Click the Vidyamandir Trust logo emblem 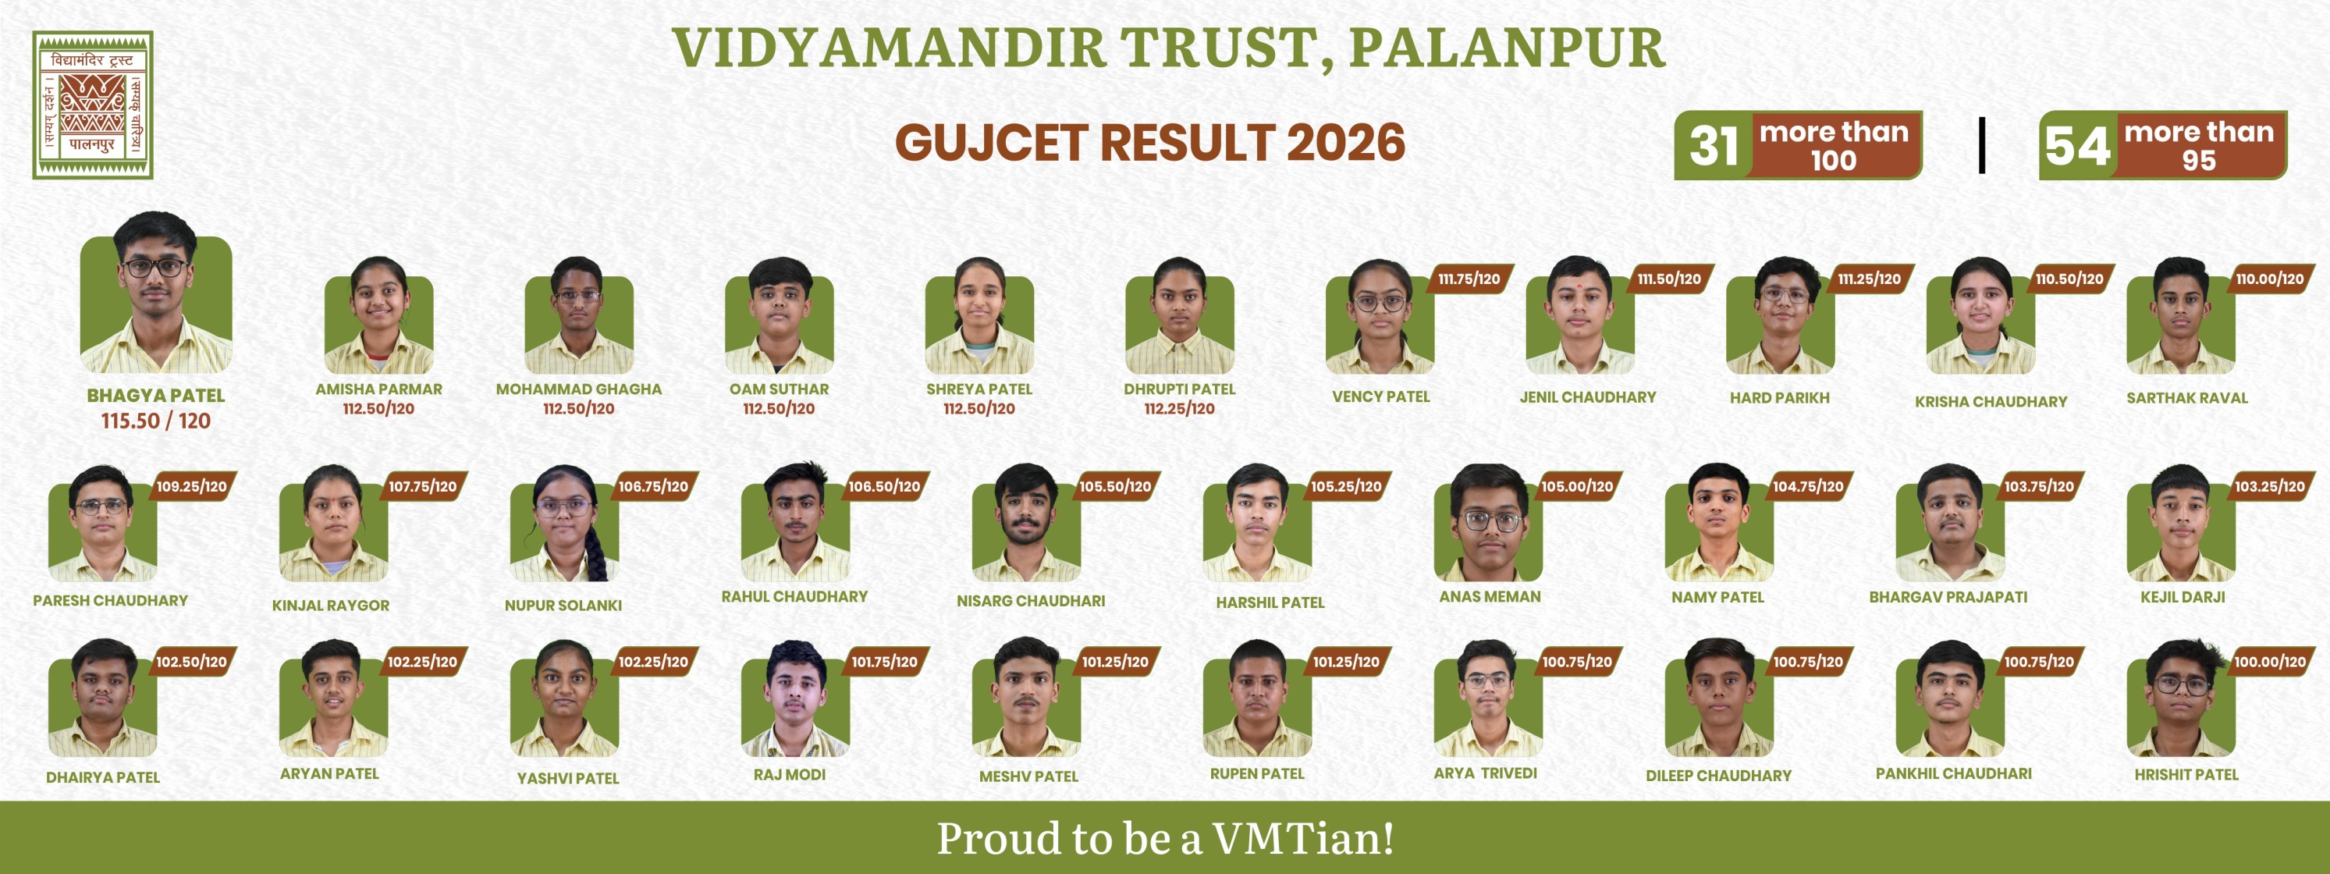click(93, 105)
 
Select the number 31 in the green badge click(1713, 146)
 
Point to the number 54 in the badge click(2078, 146)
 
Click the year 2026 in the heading click(1346, 143)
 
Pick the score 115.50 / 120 click(155, 421)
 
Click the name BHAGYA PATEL click(155, 396)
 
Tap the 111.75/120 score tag click(1469, 279)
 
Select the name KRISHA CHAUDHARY click(1991, 402)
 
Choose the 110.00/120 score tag click(2269, 279)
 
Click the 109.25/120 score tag click(191, 487)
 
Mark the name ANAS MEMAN click(1490, 597)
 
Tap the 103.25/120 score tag click(2269, 487)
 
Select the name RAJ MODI click(789, 774)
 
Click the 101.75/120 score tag click(884, 663)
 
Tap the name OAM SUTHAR click(779, 389)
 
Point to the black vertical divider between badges click(1982, 145)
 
